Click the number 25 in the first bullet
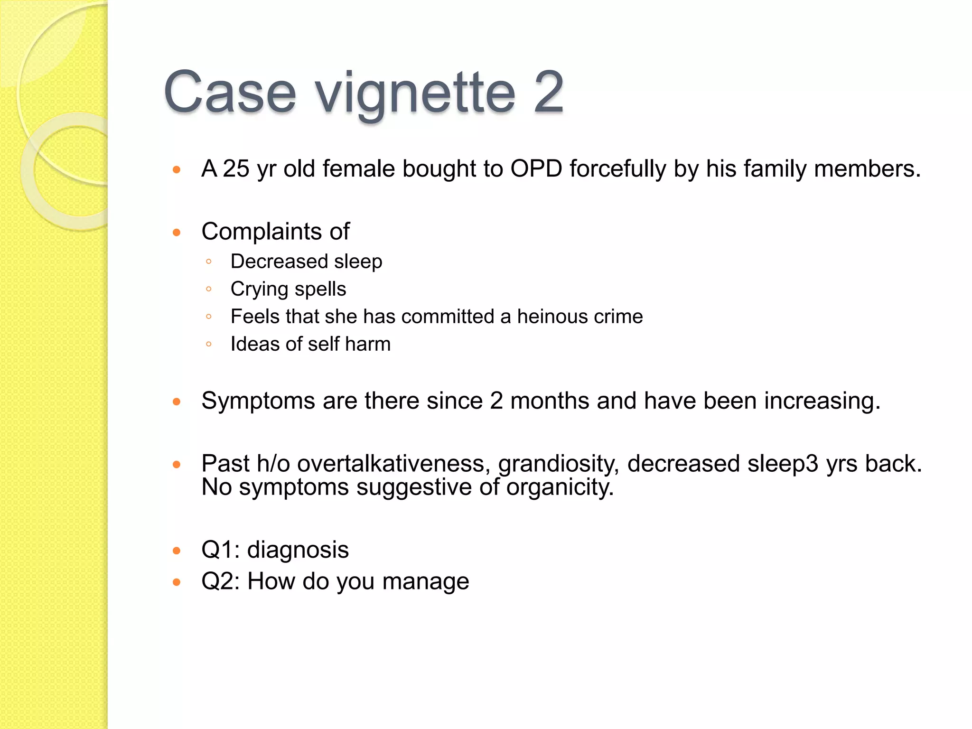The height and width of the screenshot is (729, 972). [x=236, y=169]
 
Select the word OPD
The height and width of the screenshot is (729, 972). [x=536, y=169]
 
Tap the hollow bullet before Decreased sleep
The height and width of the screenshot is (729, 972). [x=209, y=262]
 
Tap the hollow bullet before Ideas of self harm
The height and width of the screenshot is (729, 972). [x=209, y=344]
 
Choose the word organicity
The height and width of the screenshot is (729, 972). [x=560, y=488]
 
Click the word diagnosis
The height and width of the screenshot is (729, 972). [x=298, y=551]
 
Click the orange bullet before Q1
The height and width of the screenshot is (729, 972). [x=177, y=551]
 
